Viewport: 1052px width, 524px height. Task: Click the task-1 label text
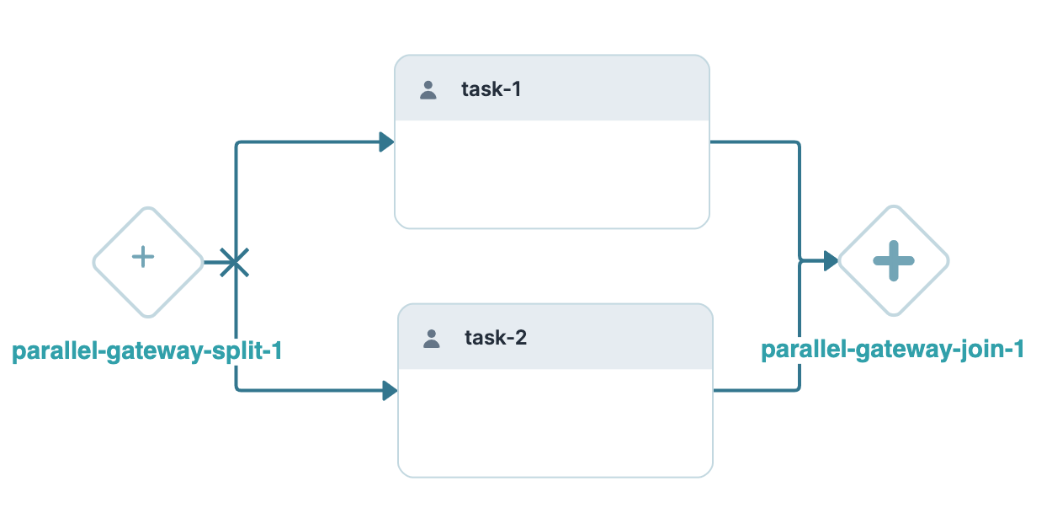click(x=491, y=89)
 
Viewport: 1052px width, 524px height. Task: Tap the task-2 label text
click(x=496, y=339)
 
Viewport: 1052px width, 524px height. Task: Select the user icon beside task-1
click(x=428, y=90)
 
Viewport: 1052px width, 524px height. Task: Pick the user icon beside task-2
click(x=432, y=340)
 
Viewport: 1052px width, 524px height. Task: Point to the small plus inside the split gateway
click(x=144, y=257)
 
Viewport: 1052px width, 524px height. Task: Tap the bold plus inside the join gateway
click(x=893, y=260)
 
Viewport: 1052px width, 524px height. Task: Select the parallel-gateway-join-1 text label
click(x=892, y=350)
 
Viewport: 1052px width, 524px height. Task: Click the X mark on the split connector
click(x=234, y=263)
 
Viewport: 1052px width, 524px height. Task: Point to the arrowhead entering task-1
click(x=386, y=142)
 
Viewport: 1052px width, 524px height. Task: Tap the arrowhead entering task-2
click(x=389, y=391)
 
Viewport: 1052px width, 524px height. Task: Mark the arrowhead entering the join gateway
click(x=830, y=261)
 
